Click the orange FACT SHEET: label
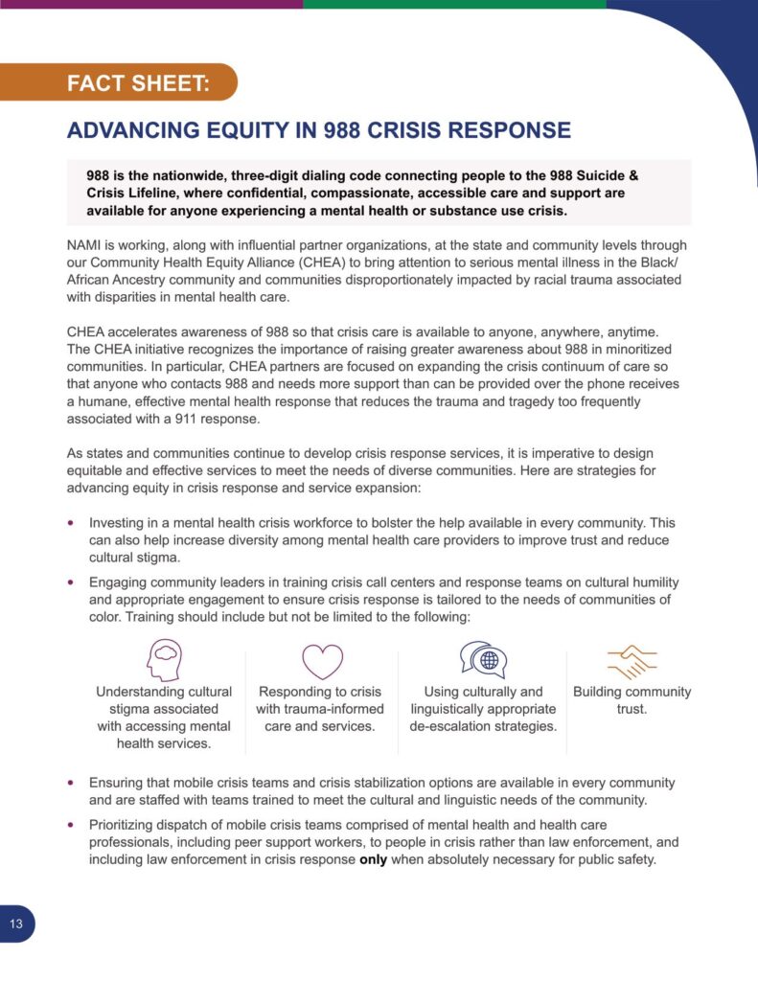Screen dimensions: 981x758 click(x=138, y=83)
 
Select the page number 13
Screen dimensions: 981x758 click(x=16, y=924)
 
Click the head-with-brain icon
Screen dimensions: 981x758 click(x=163, y=660)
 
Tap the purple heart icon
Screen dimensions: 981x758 click(x=322, y=661)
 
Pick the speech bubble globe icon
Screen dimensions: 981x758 click(x=483, y=660)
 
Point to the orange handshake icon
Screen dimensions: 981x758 click(x=632, y=661)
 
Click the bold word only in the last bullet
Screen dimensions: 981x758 click(x=374, y=859)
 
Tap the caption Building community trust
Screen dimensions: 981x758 click(x=632, y=700)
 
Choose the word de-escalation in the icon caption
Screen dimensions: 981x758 click(x=451, y=726)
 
